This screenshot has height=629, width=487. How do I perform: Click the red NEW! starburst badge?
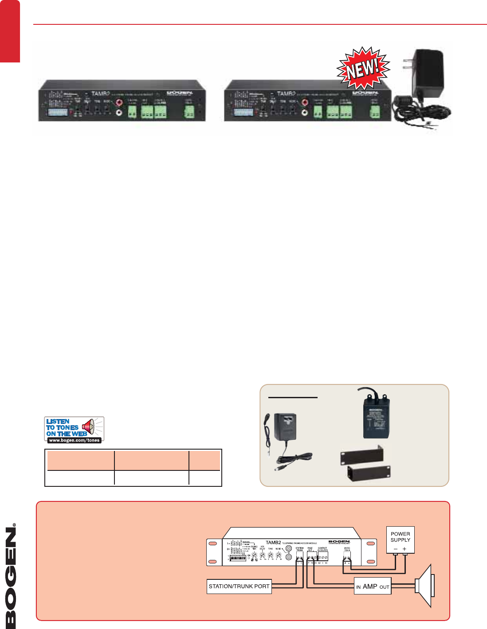click(x=363, y=70)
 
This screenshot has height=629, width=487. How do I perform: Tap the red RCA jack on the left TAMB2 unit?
click(x=119, y=103)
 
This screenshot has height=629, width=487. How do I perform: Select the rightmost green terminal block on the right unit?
click(x=375, y=113)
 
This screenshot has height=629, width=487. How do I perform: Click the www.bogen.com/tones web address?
click(x=74, y=440)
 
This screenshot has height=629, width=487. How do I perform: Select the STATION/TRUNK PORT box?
click(x=239, y=586)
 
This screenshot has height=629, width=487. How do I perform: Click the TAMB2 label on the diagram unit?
click(x=273, y=542)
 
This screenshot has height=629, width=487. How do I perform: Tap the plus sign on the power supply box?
click(x=405, y=549)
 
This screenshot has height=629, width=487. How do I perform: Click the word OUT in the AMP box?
click(x=384, y=587)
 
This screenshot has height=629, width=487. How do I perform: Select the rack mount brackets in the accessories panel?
click(x=365, y=462)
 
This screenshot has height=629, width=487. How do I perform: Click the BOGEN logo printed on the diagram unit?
click(x=339, y=542)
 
